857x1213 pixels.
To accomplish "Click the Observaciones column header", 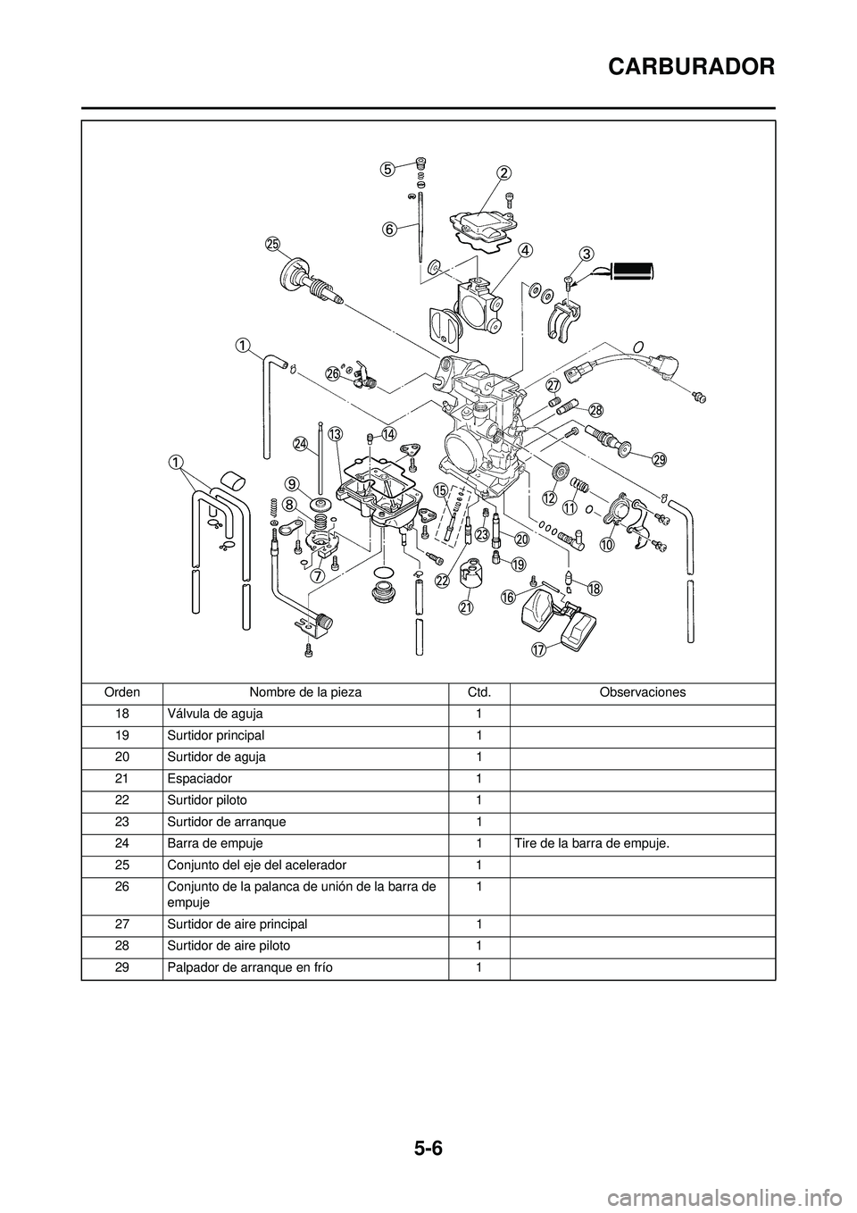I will coord(642,692).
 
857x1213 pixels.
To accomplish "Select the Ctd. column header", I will coord(478,692).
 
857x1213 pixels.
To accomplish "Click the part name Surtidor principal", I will coord(215,735).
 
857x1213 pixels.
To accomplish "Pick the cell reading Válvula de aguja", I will coord(214,714).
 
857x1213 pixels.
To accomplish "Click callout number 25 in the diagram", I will coord(272,243).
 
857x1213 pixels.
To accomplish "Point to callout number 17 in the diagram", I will coord(538,649).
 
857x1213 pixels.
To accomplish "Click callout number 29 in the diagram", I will coord(659,460).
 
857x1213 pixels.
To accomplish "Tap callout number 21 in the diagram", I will coord(465,606).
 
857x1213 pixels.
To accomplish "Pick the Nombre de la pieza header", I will coord(305,692).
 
